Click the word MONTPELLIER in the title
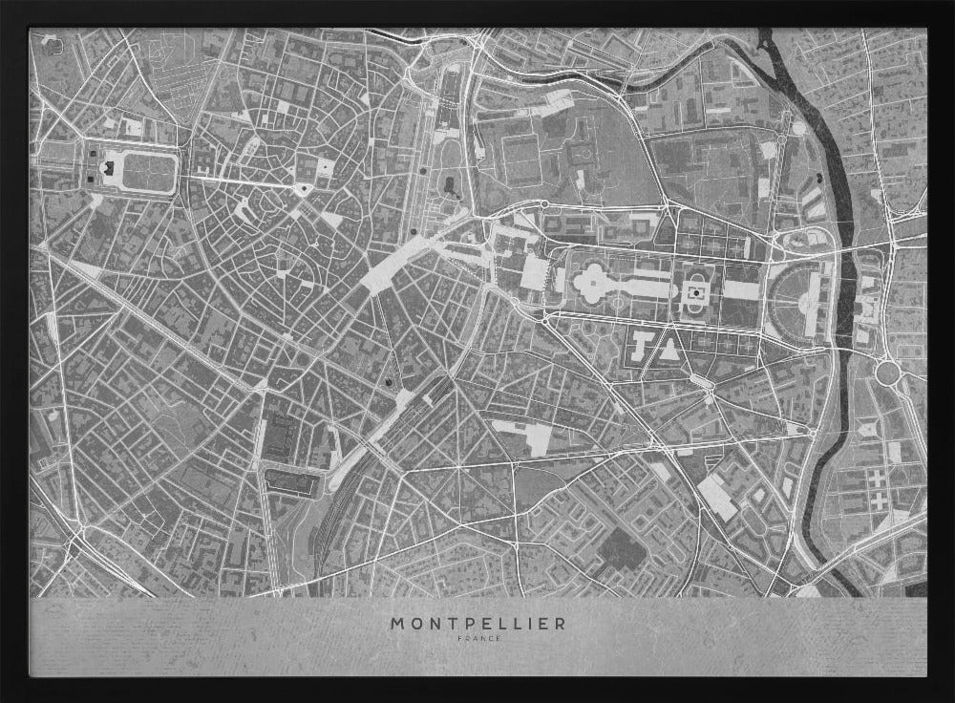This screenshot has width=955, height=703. pyautogui.click(x=477, y=623)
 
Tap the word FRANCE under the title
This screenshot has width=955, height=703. pyautogui.click(x=477, y=638)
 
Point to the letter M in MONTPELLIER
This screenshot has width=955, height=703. pyautogui.click(x=396, y=623)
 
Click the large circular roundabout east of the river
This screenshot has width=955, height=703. pyautogui.click(x=889, y=373)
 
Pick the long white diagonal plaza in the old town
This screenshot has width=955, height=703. pyautogui.click(x=392, y=264)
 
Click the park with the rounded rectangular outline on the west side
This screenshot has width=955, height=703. pyautogui.click(x=143, y=171)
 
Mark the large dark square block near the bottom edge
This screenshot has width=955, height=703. pyautogui.click(x=620, y=550)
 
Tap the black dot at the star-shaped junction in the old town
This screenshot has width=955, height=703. pyautogui.click(x=303, y=188)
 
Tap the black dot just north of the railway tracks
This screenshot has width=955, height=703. pyautogui.click(x=389, y=383)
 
